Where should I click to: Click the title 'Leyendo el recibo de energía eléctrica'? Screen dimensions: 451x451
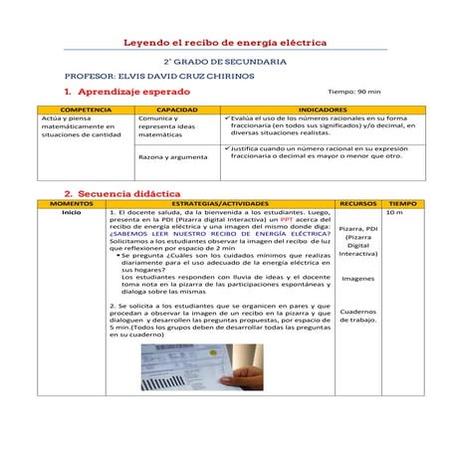(x=225, y=44)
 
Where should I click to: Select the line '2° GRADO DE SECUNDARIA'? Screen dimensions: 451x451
(x=225, y=62)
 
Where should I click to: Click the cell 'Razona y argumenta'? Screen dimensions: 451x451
(x=167, y=157)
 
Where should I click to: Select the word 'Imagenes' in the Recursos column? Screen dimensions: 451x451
(x=358, y=279)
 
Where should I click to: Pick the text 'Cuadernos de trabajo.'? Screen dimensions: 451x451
(x=358, y=316)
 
